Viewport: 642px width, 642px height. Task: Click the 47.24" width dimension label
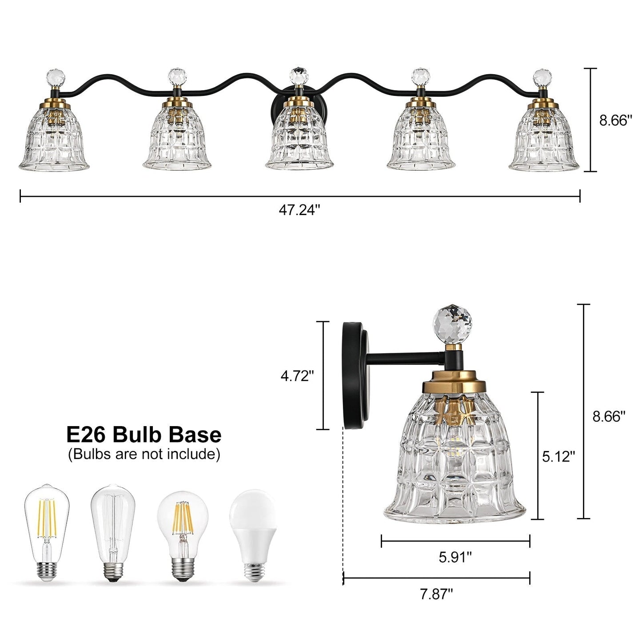(x=299, y=210)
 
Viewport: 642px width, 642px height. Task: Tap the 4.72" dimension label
(x=297, y=376)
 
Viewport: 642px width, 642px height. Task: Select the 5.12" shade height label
(x=558, y=456)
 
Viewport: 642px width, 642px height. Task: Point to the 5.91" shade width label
(x=455, y=557)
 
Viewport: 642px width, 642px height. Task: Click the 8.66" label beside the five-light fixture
(x=615, y=120)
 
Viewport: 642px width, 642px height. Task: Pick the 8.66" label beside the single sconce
(x=609, y=416)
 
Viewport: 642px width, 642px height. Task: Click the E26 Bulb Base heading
(x=144, y=434)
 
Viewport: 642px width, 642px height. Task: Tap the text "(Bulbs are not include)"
(x=144, y=455)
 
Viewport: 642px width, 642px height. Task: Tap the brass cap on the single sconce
(x=452, y=381)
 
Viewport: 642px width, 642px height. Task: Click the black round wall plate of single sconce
(x=355, y=375)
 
